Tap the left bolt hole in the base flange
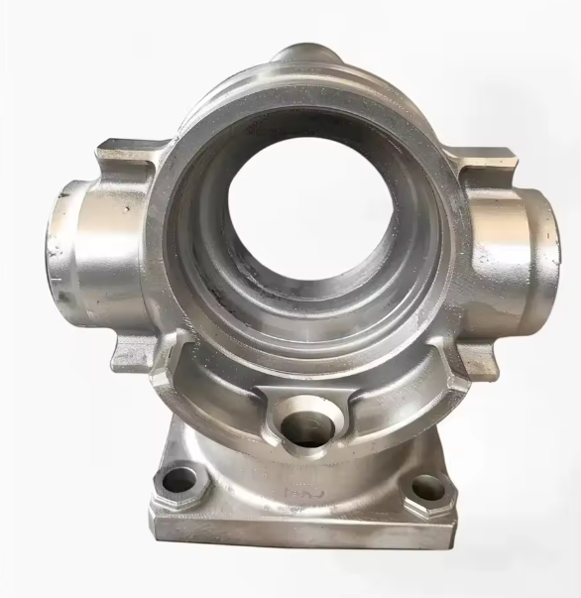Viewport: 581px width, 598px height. [x=179, y=481]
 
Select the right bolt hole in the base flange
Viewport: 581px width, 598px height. [x=425, y=487]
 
